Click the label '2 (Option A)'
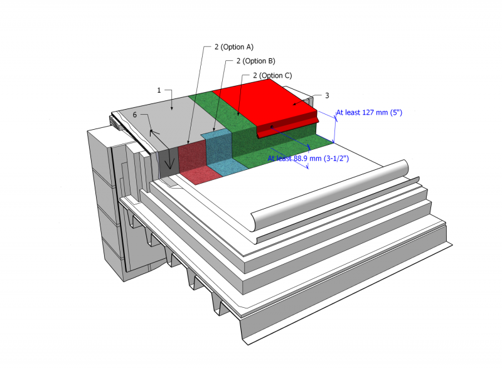click(x=233, y=46)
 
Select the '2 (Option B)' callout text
click(x=255, y=61)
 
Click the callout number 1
click(x=159, y=90)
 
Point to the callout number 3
click(x=327, y=96)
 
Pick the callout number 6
click(x=135, y=115)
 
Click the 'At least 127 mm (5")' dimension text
click(x=368, y=113)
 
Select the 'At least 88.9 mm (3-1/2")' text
click(x=308, y=159)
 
